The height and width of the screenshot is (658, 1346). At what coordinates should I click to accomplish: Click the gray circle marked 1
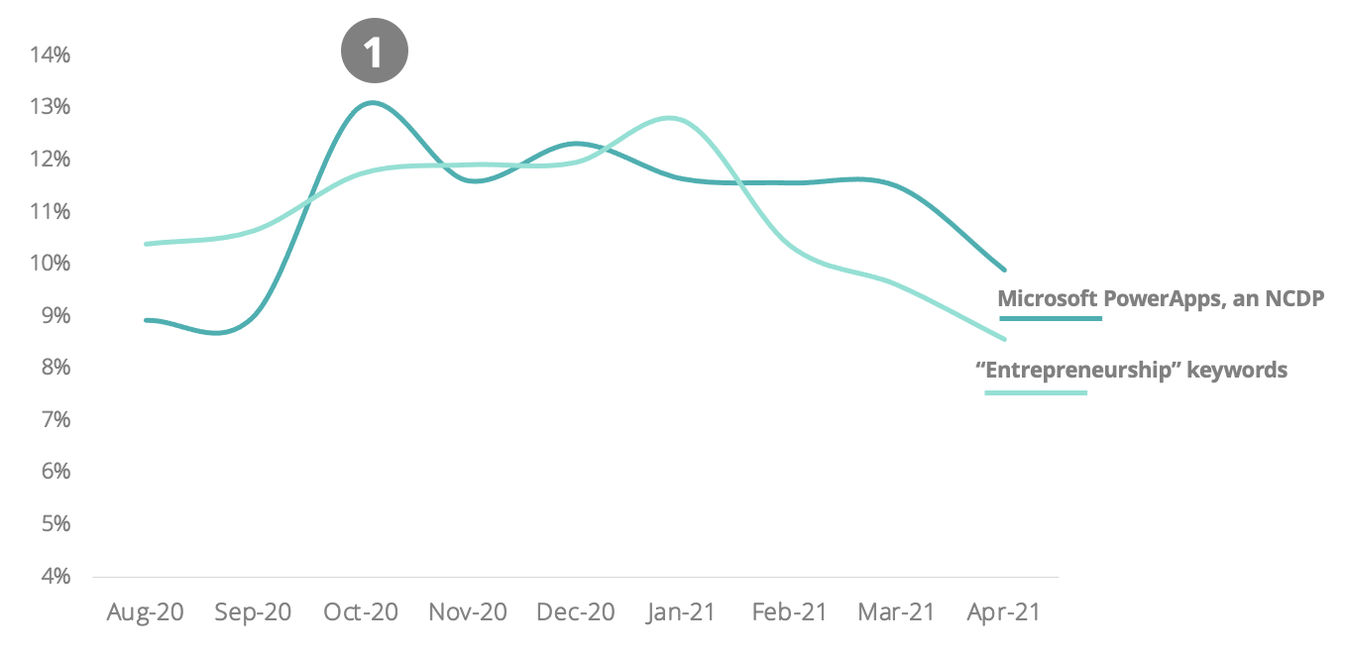[375, 51]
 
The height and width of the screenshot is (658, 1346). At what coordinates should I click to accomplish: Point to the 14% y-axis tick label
[50, 55]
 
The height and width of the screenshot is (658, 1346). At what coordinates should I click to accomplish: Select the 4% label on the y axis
[56, 576]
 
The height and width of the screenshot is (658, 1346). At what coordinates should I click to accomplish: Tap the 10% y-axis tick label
[50, 263]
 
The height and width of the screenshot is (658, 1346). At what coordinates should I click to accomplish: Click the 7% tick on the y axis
[56, 419]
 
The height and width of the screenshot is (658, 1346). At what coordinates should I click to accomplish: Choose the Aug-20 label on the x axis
[145, 611]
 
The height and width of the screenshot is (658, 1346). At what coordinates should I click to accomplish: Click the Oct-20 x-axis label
[361, 611]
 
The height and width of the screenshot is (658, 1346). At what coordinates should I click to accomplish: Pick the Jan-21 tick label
[681, 611]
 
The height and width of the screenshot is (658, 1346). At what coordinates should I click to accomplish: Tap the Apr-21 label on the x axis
[1003, 611]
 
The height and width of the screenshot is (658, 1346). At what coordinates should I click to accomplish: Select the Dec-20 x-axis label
[575, 611]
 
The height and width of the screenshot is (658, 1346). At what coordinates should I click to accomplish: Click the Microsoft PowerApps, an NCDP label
[1161, 298]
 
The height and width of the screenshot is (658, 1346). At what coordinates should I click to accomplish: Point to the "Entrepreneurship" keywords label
[1131, 370]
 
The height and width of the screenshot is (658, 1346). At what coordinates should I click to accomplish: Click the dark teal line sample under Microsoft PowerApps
[1051, 318]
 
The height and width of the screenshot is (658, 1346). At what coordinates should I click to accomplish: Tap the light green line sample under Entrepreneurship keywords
[1036, 393]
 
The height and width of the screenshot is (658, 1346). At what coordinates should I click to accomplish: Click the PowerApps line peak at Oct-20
[373, 103]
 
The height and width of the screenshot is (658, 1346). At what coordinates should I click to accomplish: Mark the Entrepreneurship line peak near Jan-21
[669, 118]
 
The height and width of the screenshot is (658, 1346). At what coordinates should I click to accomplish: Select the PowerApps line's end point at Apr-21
[1004, 270]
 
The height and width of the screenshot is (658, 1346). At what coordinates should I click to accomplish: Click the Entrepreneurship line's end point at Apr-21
[1004, 339]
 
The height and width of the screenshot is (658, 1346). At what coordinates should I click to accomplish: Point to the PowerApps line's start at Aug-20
[146, 320]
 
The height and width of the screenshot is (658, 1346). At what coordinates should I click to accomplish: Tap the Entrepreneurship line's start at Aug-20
[146, 244]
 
